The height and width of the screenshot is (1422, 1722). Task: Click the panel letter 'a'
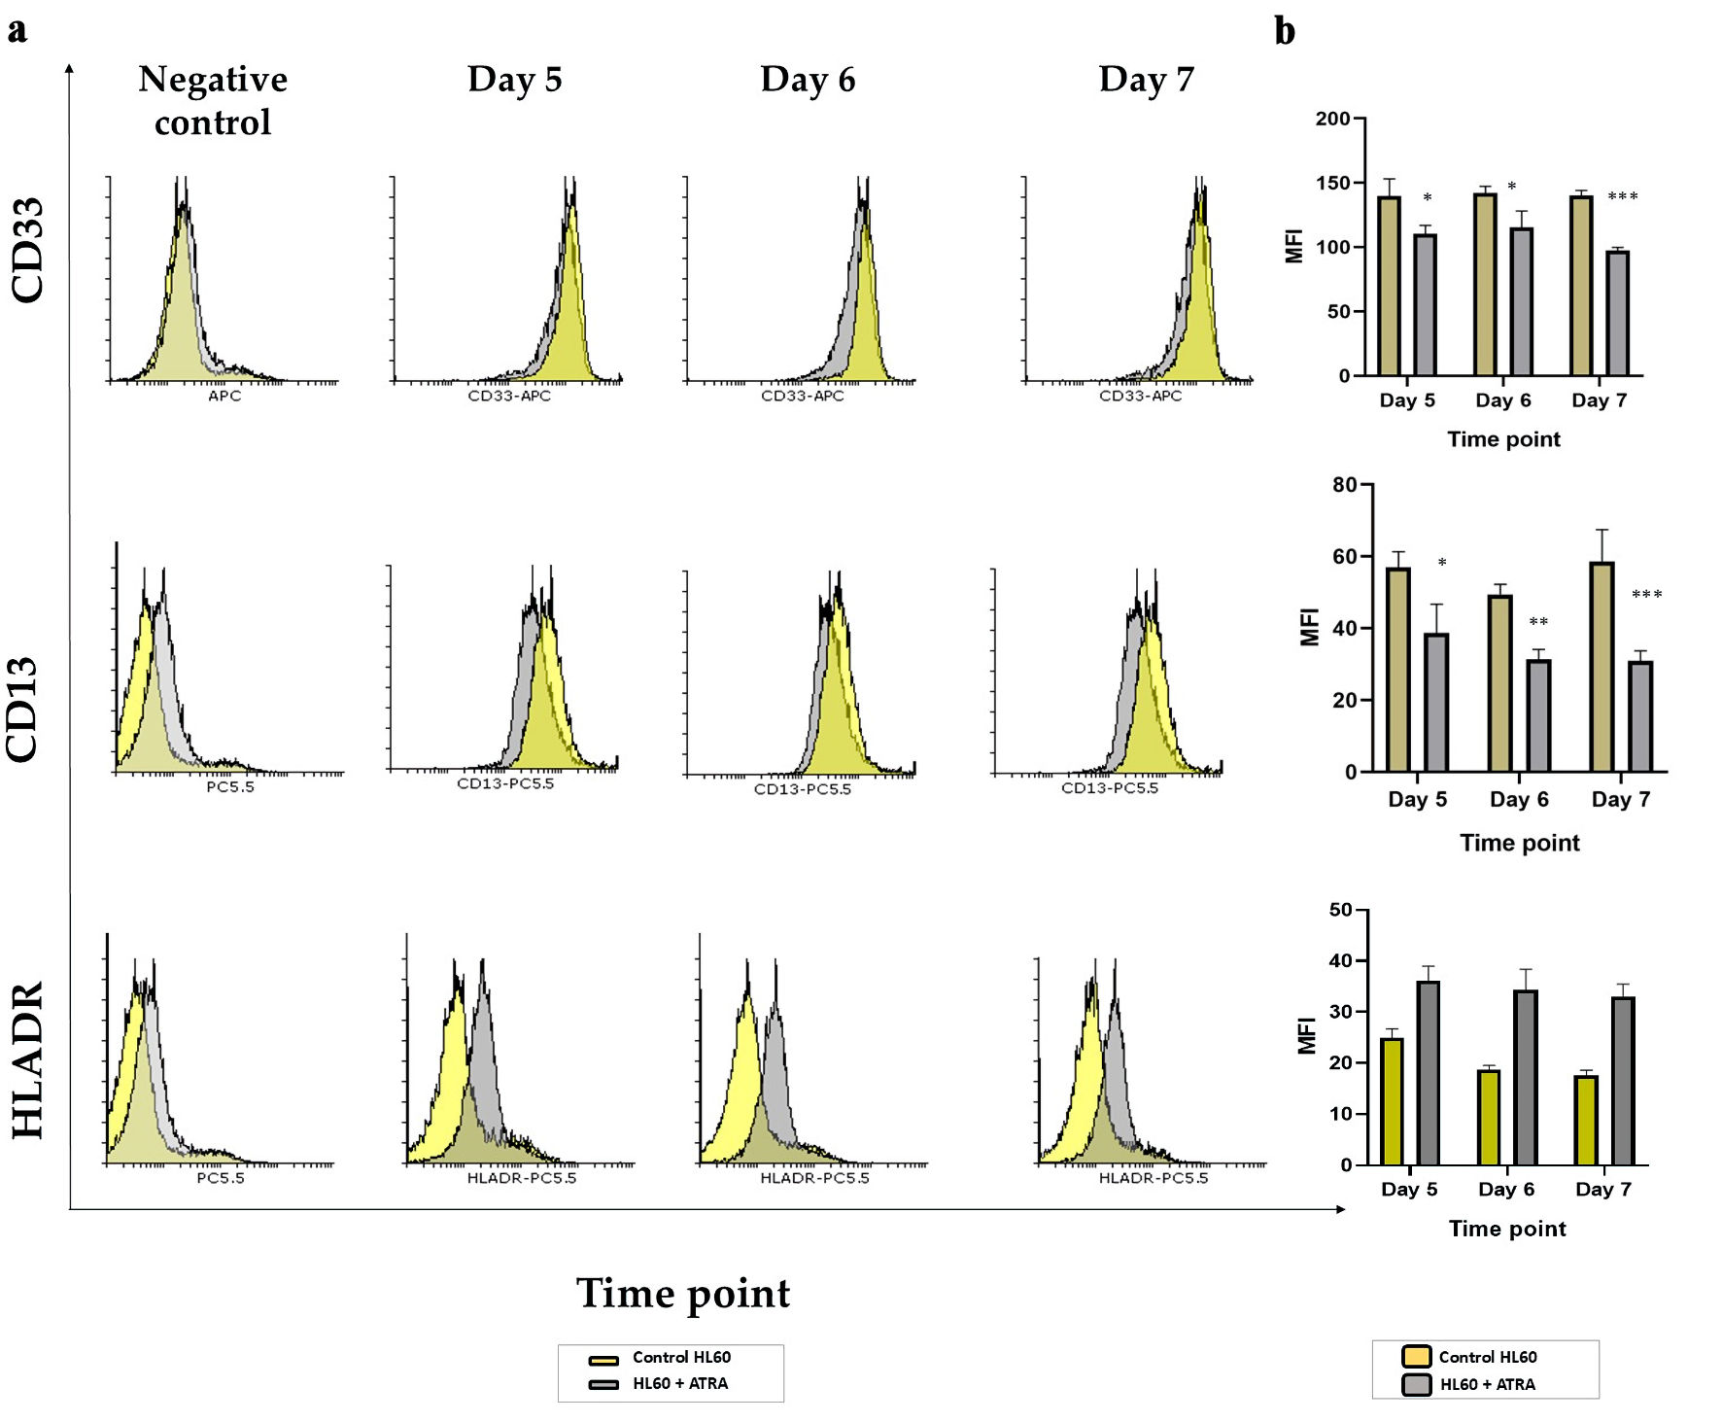pyautogui.click(x=17, y=30)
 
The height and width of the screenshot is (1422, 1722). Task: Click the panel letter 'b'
pyautogui.click(x=1285, y=31)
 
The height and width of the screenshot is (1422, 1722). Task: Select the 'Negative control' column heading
pyautogui.click(x=213, y=100)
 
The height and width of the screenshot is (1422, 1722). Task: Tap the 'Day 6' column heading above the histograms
pyautogui.click(x=808, y=80)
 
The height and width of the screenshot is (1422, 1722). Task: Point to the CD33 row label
pyautogui.click(x=27, y=250)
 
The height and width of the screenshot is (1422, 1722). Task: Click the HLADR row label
pyautogui.click(x=27, y=1059)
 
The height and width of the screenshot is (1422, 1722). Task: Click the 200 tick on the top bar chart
pyautogui.click(x=1332, y=119)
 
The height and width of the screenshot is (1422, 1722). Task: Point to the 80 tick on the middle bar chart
pyautogui.click(x=1344, y=485)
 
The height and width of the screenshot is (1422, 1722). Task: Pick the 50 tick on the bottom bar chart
pyautogui.click(x=1340, y=910)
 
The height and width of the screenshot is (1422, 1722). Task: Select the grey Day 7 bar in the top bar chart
pyautogui.click(x=1617, y=313)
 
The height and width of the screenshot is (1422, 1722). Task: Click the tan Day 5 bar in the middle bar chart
pyautogui.click(x=1398, y=670)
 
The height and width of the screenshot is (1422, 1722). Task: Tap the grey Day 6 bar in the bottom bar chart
pyautogui.click(x=1526, y=1077)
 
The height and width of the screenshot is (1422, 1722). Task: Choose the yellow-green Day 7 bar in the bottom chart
pyautogui.click(x=1586, y=1120)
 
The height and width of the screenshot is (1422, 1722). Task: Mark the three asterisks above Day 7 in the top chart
pyautogui.click(x=1622, y=197)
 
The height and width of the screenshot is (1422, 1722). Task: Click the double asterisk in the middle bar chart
pyautogui.click(x=1538, y=622)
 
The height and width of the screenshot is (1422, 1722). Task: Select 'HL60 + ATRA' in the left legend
pyautogui.click(x=679, y=1383)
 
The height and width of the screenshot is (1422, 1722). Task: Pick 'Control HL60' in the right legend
pyautogui.click(x=1487, y=1357)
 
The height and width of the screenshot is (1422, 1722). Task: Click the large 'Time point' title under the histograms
pyautogui.click(x=683, y=1294)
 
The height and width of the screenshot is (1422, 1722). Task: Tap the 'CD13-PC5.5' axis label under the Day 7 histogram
pyautogui.click(x=1109, y=787)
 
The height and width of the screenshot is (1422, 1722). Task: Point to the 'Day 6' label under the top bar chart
pyautogui.click(x=1502, y=400)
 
